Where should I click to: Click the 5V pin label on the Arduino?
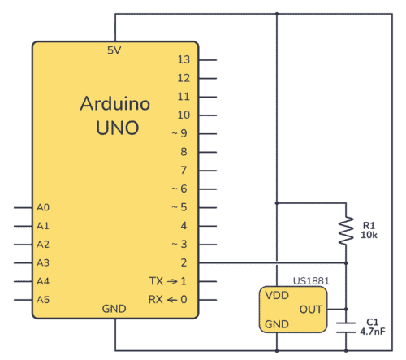114,50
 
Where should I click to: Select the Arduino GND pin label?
114,310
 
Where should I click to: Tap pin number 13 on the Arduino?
184,60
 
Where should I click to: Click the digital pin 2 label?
184,262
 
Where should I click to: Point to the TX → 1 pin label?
168,280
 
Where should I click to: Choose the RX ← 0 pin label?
168,299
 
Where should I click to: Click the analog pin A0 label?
43,207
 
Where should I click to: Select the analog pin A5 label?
43,299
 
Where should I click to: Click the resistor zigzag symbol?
346,230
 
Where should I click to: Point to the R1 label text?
369,225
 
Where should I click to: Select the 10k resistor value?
369,235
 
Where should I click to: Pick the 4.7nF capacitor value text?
372,331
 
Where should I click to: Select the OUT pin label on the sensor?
311,309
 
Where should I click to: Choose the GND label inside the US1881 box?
276,323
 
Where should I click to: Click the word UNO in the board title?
114,128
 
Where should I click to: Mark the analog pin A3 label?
43,262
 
